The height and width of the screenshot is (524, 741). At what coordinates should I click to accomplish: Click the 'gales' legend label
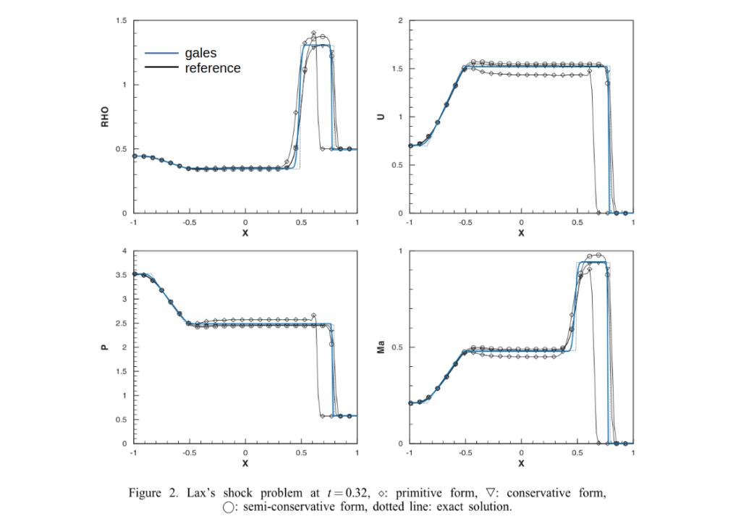200,53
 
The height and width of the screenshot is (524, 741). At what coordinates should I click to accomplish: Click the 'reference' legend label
213,68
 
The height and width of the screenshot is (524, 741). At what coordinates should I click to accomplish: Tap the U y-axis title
381,117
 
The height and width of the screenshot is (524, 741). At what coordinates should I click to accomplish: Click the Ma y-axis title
381,347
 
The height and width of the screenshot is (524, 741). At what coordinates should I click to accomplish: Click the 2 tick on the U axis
400,20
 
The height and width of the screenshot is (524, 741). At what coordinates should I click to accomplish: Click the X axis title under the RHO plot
245,232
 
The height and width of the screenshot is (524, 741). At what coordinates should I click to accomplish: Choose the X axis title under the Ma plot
522,462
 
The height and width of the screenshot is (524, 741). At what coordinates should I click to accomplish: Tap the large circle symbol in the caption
229,507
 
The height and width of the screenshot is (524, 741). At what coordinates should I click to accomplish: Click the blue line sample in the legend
161,53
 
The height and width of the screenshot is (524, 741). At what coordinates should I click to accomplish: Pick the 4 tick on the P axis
124,251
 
